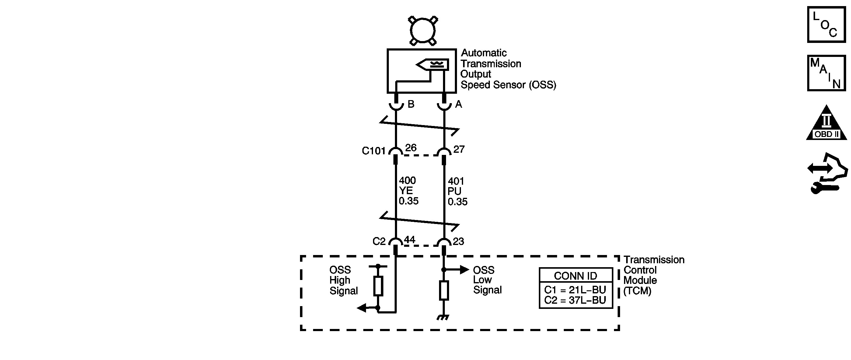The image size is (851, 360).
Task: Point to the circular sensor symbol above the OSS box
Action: coord(423,30)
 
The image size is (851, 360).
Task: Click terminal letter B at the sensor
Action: coord(411,104)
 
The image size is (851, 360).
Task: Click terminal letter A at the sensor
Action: coord(459,104)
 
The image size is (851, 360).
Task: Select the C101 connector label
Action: coord(374,151)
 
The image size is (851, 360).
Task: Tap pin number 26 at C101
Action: coord(411,148)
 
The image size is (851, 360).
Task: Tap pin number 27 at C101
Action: coord(459,149)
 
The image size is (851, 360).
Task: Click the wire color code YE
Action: coord(406,190)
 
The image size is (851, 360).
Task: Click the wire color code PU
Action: coord(454,191)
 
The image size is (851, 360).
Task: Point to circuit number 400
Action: coord(407,180)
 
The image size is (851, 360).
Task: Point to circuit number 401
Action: coord(456,181)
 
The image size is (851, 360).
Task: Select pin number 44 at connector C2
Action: coord(409,239)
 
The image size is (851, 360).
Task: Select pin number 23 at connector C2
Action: coord(458,241)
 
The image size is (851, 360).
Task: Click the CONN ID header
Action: coord(575,276)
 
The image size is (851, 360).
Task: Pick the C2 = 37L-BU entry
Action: coord(575,300)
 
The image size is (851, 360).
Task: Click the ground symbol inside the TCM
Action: coord(443,318)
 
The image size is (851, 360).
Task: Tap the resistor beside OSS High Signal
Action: coord(378,286)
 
